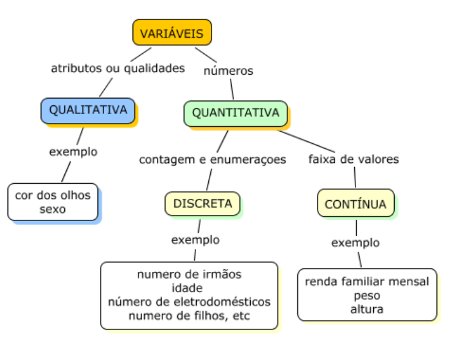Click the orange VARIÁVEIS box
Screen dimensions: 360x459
172,33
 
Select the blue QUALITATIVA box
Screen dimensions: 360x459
88,110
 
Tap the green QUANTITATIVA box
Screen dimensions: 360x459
235,113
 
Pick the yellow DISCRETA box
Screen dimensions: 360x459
202,203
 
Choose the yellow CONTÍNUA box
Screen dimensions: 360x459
355,203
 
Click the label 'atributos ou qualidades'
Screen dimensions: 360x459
118,68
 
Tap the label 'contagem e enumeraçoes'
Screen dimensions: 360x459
213,160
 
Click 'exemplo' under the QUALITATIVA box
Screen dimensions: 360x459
74,151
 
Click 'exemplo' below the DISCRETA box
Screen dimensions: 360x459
195,239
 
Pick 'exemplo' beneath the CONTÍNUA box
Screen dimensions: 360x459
355,242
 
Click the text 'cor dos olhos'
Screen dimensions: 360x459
53,196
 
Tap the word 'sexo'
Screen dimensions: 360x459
53,209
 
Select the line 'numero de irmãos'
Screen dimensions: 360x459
189,274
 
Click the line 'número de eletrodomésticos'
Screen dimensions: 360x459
189,301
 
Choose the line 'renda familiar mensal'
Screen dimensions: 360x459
367,282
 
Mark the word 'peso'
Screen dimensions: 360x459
367,296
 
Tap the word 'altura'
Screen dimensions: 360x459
367,309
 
